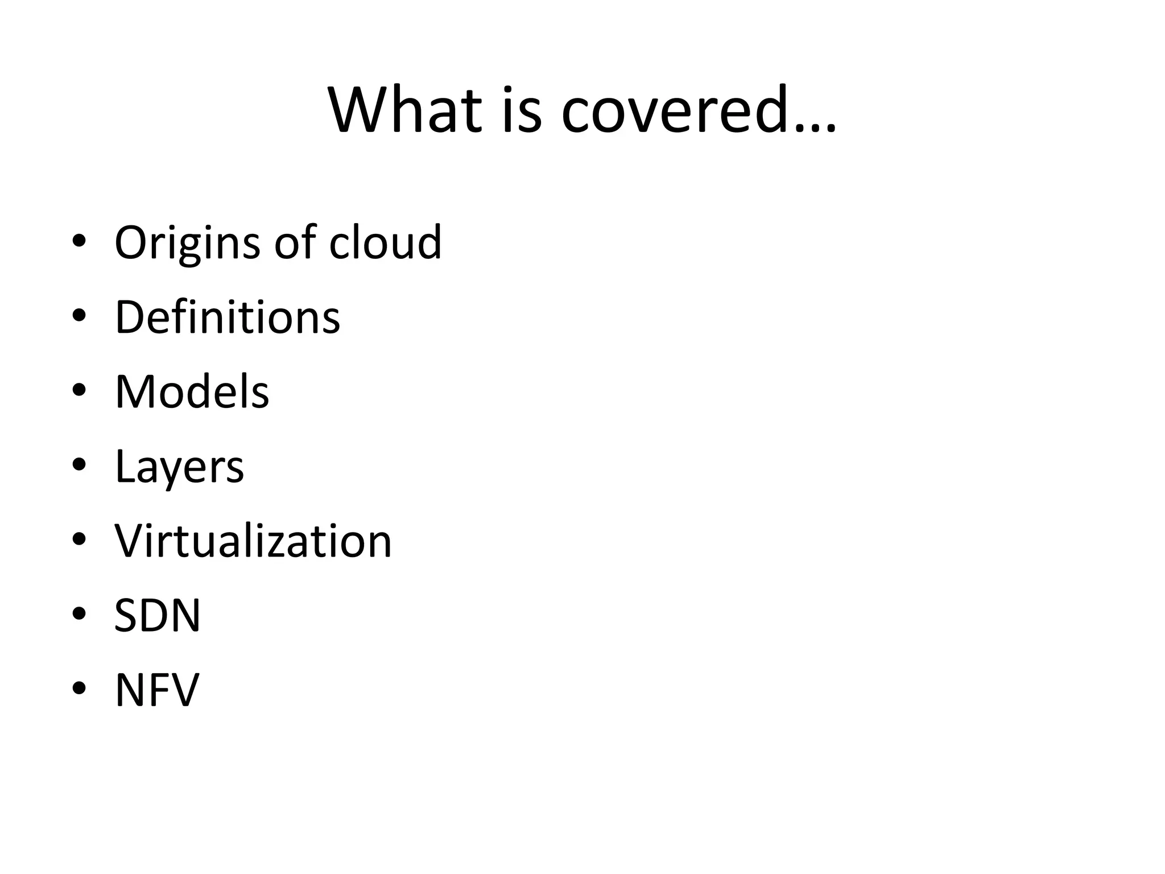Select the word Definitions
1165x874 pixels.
click(228, 317)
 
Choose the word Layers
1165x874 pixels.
click(179, 467)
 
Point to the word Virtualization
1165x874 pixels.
click(253, 541)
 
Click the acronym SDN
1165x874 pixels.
click(158, 615)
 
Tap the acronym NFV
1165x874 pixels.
click(157, 690)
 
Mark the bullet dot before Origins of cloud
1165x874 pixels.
click(79, 241)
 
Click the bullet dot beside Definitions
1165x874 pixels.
click(79, 316)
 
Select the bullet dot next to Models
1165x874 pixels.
click(79, 390)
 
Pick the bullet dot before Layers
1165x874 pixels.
click(79, 465)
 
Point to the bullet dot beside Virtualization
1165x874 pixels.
click(79, 539)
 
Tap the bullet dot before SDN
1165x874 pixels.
click(79, 614)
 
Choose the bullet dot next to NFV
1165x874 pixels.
click(79, 689)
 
